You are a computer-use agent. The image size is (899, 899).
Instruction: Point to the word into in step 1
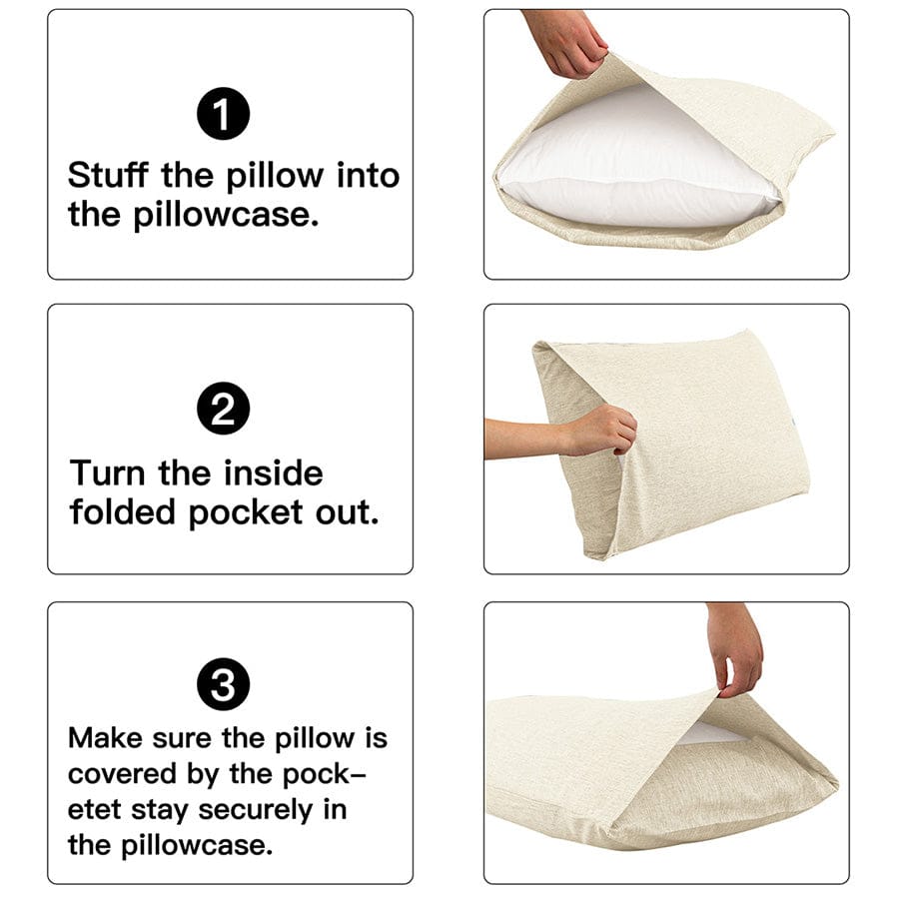tap(367, 176)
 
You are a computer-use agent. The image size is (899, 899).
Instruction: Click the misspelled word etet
tap(95, 809)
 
